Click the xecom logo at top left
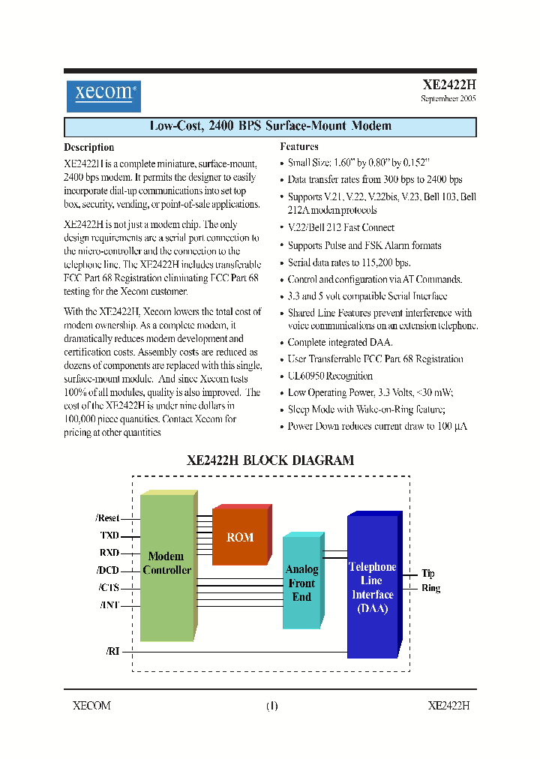pos(103,96)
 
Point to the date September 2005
pos(448,99)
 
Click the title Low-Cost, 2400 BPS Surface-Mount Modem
pos(270,126)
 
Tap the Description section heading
pos(89,148)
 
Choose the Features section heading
pos(299,147)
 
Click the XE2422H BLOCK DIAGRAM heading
pos(270,460)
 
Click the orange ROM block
pos(240,537)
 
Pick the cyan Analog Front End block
pos(301,583)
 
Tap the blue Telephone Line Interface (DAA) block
pos(372,586)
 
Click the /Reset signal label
pos(108,518)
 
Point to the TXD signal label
pos(109,535)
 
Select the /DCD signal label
pos(108,570)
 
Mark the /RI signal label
pos(112,651)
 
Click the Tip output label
pos(427,573)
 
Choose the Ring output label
pos(430,588)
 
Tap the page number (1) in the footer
pos(271,706)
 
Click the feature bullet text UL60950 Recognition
pos(330,376)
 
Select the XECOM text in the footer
pos(91,706)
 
